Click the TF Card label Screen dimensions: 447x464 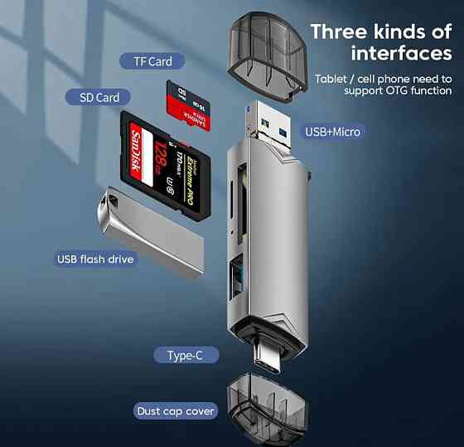pyautogui.click(x=153, y=61)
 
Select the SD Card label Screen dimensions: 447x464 pyautogui.click(x=99, y=97)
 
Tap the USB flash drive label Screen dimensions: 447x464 pyautogui.click(x=95, y=259)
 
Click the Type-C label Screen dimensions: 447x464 pyautogui.click(x=186, y=356)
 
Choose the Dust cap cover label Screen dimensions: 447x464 pyautogui.click(x=175, y=411)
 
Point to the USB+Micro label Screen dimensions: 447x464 pyautogui.click(x=332, y=131)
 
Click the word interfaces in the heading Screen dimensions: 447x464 pyautogui.click(x=401, y=54)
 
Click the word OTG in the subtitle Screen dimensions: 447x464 pyautogui.click(x=384, y=90)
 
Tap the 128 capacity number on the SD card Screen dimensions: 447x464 pyautogui.click(x=161, y=153)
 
